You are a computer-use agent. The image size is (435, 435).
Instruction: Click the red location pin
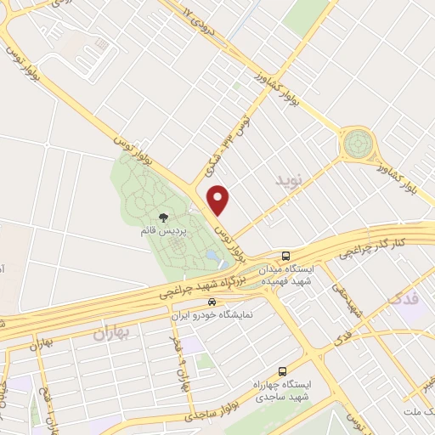pyautogui.click(x=220, y=199)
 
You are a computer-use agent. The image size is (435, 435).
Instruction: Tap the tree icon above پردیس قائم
pyautogui.click(x=164, y=217)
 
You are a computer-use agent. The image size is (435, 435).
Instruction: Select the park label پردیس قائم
pyautogui.click(x=164, y=230)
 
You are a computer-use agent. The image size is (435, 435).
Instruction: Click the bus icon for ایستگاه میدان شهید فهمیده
pyautogui.click(x=287, y=255)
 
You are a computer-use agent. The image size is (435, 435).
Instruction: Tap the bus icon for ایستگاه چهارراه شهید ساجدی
pyautogui.click(x=283, y=370)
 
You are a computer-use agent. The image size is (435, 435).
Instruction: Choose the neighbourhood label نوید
pyautogui.click(x=289, y=180)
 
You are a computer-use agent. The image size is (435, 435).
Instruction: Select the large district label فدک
pyautogui.click(x=404, y=299)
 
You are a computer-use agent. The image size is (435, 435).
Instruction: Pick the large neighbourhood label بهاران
pyautogui.click(x=110, y=333)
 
